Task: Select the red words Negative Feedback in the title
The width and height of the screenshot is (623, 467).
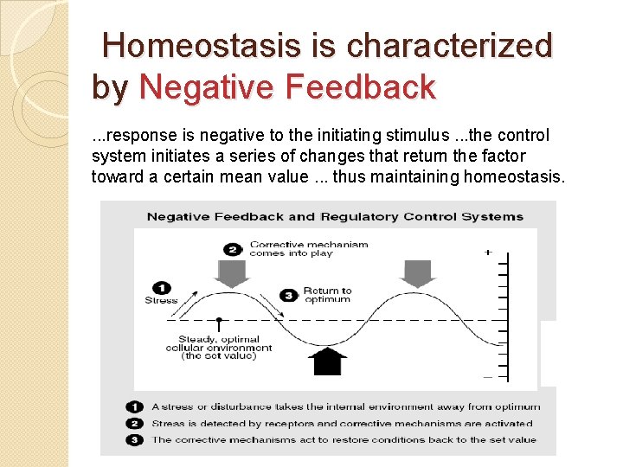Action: pos(287,87)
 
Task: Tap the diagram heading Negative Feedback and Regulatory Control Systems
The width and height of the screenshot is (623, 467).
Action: pos(335,216)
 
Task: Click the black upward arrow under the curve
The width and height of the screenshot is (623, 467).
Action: pos(329,361)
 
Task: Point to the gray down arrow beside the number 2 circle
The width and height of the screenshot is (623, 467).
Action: pos(233,272)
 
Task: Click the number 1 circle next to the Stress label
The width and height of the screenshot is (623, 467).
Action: pos(161,288)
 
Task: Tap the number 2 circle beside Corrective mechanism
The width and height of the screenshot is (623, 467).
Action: pos(232,249)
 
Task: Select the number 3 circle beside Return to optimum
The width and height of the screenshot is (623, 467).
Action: pos(287,295)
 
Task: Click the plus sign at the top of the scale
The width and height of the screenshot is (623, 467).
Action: pos(488,253)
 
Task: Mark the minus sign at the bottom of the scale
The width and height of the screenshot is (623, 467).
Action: pos(488,377)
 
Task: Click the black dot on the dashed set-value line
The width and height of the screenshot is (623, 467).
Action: pos(220,320)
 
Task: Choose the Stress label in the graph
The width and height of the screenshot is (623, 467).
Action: pos(161,301)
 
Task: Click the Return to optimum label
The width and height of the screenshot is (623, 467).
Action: pos(327,295)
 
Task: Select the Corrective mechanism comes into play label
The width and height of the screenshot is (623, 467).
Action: pos(308,249)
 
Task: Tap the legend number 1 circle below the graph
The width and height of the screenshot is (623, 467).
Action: pos(134,406)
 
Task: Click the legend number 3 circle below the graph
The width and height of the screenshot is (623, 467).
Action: pos(134,439)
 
